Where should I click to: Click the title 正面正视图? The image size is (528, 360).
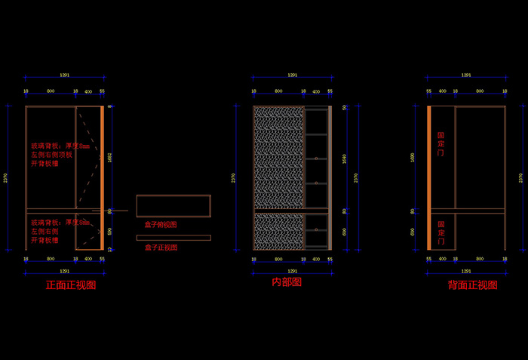pyautogui.click(x=71, y=285)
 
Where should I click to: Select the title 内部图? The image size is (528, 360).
pyautogui.click(x=287, y=282)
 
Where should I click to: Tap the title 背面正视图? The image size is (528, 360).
pyautogui.click(x=473, y=285)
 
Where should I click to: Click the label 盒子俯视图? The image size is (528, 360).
pyautogui.click(x=161, y=224)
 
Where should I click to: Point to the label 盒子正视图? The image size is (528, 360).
pyautogui.click(x=161, y=247)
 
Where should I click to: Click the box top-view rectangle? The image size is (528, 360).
pyautogui.click(x=173, y=206)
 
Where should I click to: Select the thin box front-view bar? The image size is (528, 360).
pyautogui.click(x=173, y=238)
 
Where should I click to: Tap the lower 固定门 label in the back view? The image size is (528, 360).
pyautogui.click(x=441, y=231)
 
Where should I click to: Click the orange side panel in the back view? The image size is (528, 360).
pyautogui.click(x=428, y=177)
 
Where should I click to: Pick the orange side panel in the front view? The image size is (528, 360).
pyautogui.click(x=102, y=177)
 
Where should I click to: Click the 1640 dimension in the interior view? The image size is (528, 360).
pyautogui.click(x=345, y=158)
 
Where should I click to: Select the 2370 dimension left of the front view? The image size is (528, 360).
pyautogui.click(x=7, y=177)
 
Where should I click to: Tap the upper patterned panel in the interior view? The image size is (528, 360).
pyautogui.click(x=278, y=157)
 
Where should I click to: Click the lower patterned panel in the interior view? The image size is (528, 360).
pyautogui.click(x=278, y=230)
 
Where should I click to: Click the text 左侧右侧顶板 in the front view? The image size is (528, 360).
pyautogui.click(x=51, y=155)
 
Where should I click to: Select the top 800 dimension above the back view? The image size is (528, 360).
pyautogui.click(x=480, y=91)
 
